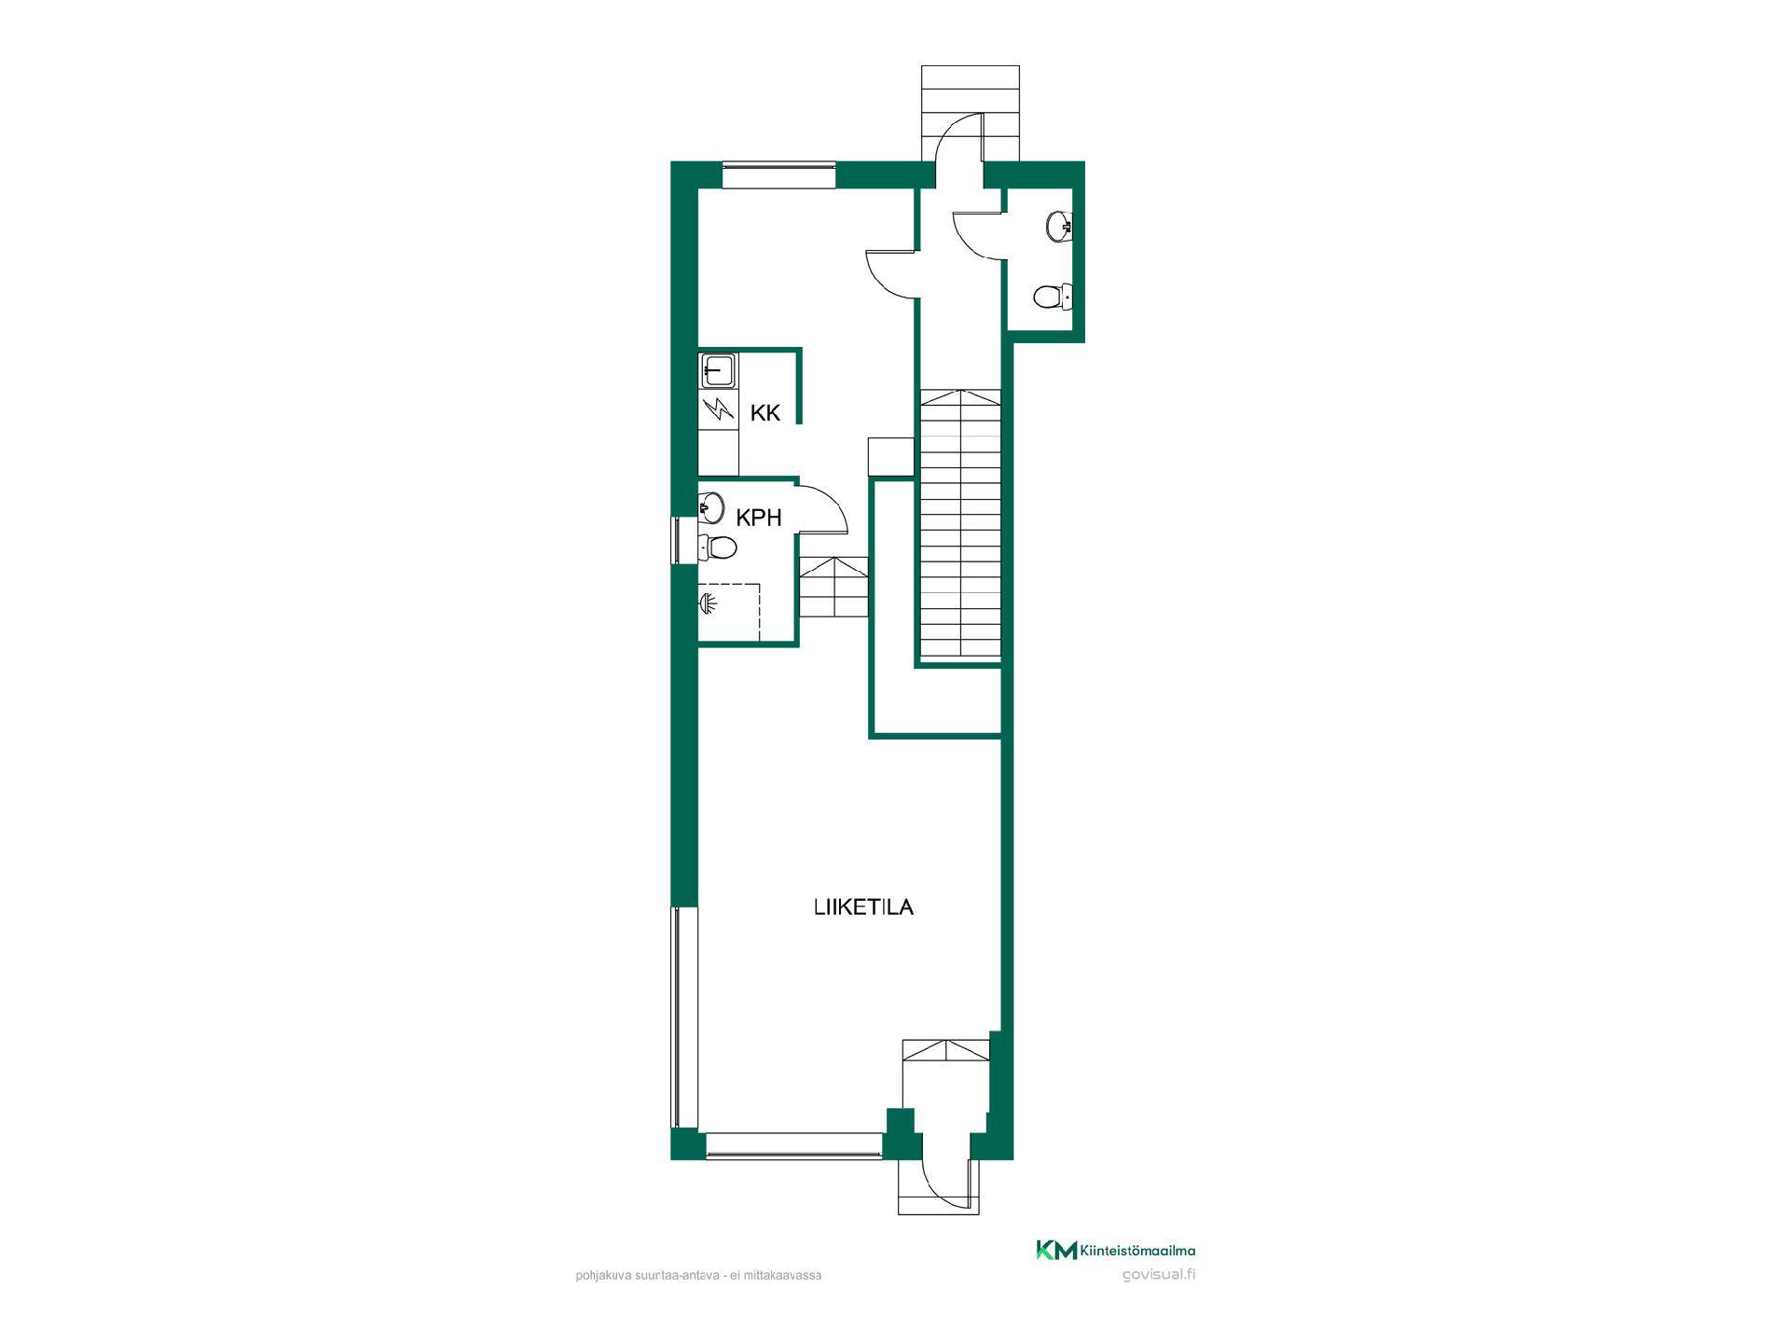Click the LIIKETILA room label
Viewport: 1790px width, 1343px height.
coord(863,907)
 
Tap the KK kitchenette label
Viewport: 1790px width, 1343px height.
coord(765,413)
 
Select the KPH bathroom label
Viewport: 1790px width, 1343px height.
coord(759,518)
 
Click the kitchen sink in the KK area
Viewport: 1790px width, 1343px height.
coord(717,370)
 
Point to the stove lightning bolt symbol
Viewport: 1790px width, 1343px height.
coord(718,408)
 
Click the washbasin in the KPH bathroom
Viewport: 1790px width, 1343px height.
coord(711,508)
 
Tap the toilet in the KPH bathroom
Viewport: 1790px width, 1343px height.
coord(716,547)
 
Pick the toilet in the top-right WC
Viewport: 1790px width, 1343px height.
coord(1053,297)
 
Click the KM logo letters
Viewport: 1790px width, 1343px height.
coord(1056,1251)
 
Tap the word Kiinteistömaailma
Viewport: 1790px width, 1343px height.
coord(1137,1251)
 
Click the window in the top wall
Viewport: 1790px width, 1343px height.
coord(779,175)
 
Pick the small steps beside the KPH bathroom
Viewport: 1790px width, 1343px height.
coord(833,587)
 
